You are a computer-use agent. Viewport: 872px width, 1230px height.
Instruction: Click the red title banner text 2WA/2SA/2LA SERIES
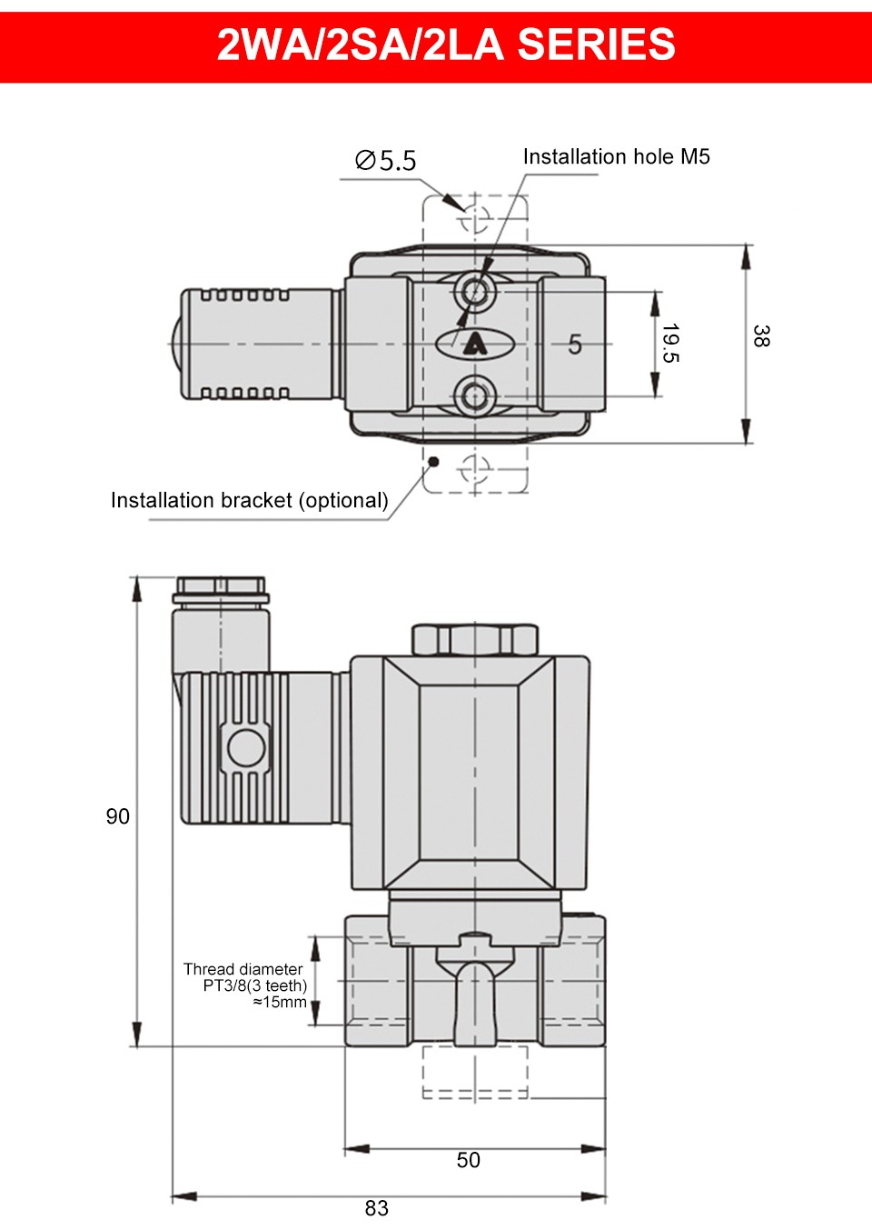point(445,45)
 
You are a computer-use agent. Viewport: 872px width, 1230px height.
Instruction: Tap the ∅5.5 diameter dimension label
point(385,161)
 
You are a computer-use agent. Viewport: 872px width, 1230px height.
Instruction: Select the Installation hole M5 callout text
point(616,156)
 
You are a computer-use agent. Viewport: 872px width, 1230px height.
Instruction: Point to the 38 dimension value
point(761,335)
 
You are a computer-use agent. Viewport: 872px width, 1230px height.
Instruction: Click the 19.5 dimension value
point(670,343)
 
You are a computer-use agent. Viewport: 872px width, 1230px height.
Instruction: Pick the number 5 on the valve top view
point(575,345)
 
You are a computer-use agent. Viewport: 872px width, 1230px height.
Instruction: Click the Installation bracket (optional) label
point(249,500)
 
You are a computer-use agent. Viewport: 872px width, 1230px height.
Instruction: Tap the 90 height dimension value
point(118,816)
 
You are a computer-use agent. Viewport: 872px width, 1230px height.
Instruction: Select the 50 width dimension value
point(469,1160)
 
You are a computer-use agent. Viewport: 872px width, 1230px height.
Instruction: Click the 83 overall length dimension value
point(377,1208)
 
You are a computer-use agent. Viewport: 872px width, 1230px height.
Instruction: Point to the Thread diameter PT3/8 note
point(245,985)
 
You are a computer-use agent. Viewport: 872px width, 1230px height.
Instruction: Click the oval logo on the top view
point(474,344)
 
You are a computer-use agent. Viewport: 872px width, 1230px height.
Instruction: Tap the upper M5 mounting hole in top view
point(474,292)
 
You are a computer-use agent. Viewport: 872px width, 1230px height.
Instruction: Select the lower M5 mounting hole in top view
point(474,396)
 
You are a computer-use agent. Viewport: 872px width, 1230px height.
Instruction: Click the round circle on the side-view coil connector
point(245,747)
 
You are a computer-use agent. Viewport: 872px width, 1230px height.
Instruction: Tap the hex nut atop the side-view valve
point(474,639)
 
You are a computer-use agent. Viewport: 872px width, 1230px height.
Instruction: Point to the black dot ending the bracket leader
point(433,462)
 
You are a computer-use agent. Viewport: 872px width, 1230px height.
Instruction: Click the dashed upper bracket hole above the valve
point(474,219)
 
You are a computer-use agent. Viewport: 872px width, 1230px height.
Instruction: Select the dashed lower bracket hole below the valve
point(474,469)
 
